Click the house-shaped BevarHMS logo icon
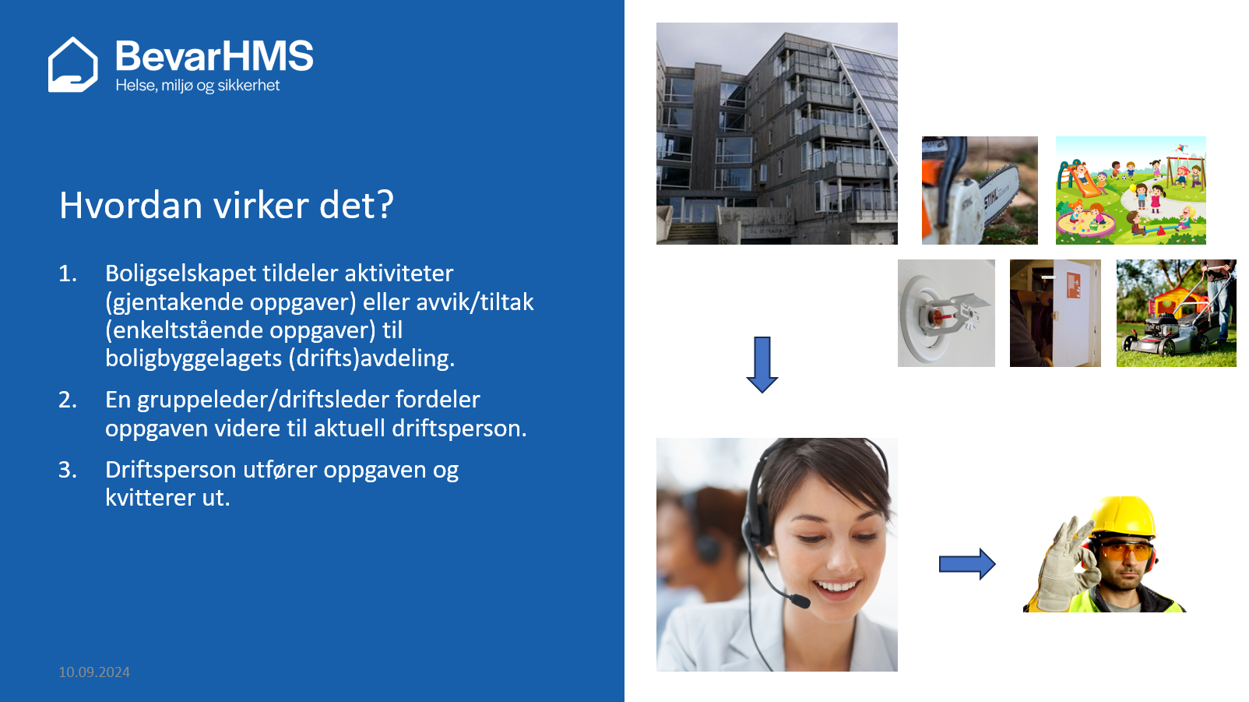pyautogui.click(x=73, y=65)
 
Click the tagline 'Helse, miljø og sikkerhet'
pyautogui.click(x=197, y=86)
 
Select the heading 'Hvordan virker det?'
pyautogui.click(x=227, y=205)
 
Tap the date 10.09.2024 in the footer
pyautogui.click(x=94, y=672)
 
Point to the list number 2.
pyautogui.click(x=68, y=400)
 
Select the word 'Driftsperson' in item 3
pyautogui.click(x=171, y=471)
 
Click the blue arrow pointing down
pyautogui.click(x=762, y=365)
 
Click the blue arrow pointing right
pyautogui.click(x=967, y=564)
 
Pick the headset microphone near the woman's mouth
pyautogui.click(x=798, y=601)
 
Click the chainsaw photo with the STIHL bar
pyautogui.click(x=980, y=190)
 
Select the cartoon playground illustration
pyautogui.click(x=1131, y=190)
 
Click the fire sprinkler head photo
pyautogui.click(x=946, y=313)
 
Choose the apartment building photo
pyautogui.click(x=776, y=133)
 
